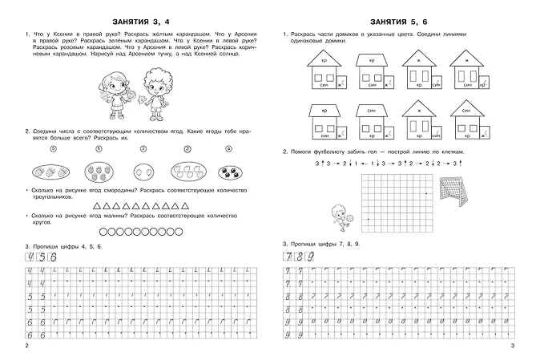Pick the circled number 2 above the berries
[187, 148]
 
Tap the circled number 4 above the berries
[229, 148]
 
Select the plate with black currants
[229, 172]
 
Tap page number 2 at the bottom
[27, 346]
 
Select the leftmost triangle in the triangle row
[98, 206]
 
